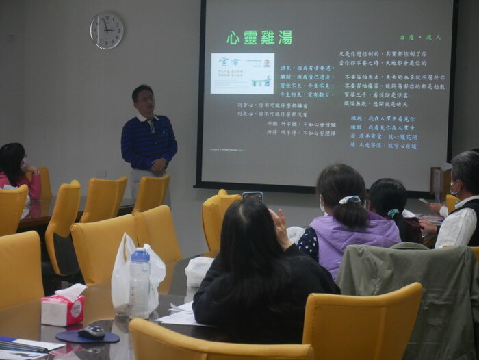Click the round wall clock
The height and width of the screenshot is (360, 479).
point(107,31)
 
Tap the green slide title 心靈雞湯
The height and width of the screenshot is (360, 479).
point(259,38)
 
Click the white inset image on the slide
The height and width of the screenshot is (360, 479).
point(242,73)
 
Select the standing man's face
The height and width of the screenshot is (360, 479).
point(143,99)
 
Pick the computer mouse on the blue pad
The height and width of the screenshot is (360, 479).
point(92,332)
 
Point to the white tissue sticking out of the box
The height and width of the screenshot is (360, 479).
point(71,291)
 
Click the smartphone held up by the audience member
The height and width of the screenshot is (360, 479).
point(252,196)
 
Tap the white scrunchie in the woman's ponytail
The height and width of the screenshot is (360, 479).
point(350,200)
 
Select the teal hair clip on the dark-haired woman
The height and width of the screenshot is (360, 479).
point(393,213)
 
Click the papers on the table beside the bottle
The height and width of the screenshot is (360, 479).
point(179,314)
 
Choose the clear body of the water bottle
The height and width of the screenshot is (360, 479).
point(140,287)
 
